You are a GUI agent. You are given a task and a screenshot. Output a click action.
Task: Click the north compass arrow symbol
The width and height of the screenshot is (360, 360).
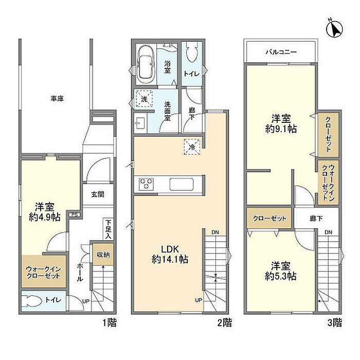point(334,29)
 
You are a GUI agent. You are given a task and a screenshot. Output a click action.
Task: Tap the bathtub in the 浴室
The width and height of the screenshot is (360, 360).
point(146,64)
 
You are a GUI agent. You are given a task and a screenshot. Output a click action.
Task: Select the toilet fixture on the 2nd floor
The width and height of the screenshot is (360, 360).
point(192,52)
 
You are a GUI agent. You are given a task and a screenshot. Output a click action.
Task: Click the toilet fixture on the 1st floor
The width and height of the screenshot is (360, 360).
point(31,300)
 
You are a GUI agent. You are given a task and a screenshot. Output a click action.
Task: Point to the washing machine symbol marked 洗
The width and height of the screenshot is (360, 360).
point(144,99)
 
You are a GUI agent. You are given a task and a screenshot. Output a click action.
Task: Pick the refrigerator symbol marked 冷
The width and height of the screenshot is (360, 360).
point(192,147)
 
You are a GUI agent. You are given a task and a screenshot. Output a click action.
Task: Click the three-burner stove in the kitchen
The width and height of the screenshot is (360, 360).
point(146,184)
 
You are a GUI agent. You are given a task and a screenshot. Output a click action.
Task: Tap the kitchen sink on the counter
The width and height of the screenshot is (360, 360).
point(182,184)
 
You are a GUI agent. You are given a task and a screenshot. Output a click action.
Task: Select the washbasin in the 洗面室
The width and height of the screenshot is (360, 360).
point(140,123)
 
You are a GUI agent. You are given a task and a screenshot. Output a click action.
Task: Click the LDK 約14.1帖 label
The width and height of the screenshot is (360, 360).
point(170,254)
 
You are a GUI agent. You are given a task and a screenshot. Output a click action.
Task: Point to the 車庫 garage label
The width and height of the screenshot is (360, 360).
point(57,99)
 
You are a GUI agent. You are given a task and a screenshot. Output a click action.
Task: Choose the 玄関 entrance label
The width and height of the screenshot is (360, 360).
point(98,194)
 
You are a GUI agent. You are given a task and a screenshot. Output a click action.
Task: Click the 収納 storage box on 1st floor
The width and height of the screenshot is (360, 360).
point(103,254)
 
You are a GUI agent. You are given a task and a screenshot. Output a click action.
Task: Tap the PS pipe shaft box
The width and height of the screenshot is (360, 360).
point(75,215)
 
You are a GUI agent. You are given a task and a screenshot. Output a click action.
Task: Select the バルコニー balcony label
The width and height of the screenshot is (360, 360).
point(281,52)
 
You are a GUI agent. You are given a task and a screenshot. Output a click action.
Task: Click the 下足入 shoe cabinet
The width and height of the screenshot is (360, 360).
point(108,229)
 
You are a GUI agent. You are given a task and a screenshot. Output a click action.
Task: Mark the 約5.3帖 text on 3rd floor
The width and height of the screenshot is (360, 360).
point(280,276)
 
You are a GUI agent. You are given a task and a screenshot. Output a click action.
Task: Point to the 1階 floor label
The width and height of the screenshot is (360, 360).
point(110,323)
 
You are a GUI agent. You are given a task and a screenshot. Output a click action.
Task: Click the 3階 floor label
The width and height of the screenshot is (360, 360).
point(335,323)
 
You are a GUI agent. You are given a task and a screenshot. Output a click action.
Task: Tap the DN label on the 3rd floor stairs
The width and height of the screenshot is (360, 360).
point(328,232)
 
